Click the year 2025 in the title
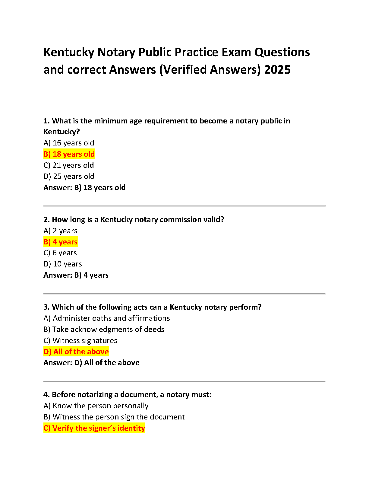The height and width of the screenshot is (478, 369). point(277,70)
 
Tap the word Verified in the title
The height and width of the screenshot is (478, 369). point(184,70)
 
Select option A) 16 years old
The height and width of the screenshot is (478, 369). point(69,143)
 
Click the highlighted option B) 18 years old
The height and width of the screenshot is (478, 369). point(69,154)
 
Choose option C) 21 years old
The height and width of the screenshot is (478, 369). point(69,165)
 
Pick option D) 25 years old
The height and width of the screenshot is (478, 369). point(69,177)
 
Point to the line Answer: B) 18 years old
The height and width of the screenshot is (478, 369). point(84,188)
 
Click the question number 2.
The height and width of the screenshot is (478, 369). point(46,220)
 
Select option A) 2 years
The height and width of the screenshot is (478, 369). point(60,231)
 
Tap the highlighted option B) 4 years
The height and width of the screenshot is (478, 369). point(60,242)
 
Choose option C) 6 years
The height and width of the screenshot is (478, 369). point(60,253)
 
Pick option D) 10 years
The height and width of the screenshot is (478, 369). point(63,264)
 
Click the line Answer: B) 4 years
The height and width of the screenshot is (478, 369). point(76,275)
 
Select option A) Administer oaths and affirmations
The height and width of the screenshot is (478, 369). point(107,318)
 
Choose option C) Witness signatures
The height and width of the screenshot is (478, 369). point(80,341)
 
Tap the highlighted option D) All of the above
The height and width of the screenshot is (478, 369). point(76,352)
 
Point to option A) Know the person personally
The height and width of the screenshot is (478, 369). point(96,406)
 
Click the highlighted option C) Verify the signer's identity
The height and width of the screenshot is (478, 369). point(94,428)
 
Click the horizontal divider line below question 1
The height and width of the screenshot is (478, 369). point(184,206)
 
